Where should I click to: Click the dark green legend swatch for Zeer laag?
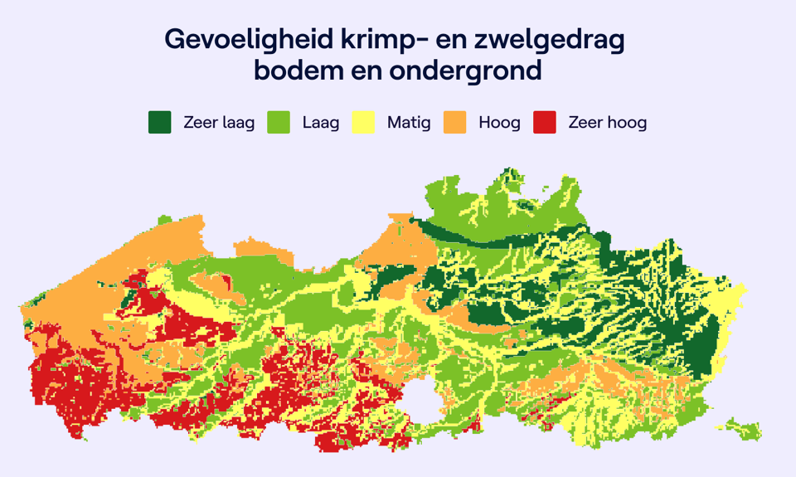159,123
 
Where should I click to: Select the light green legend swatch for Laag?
279,123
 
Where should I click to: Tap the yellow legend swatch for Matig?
363,123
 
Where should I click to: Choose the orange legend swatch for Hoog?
454,123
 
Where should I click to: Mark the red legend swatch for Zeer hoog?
545,123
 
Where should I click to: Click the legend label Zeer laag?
219,123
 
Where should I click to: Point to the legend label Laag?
321,123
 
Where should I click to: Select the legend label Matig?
409,123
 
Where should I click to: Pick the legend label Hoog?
499,123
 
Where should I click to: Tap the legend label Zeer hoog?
607,123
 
